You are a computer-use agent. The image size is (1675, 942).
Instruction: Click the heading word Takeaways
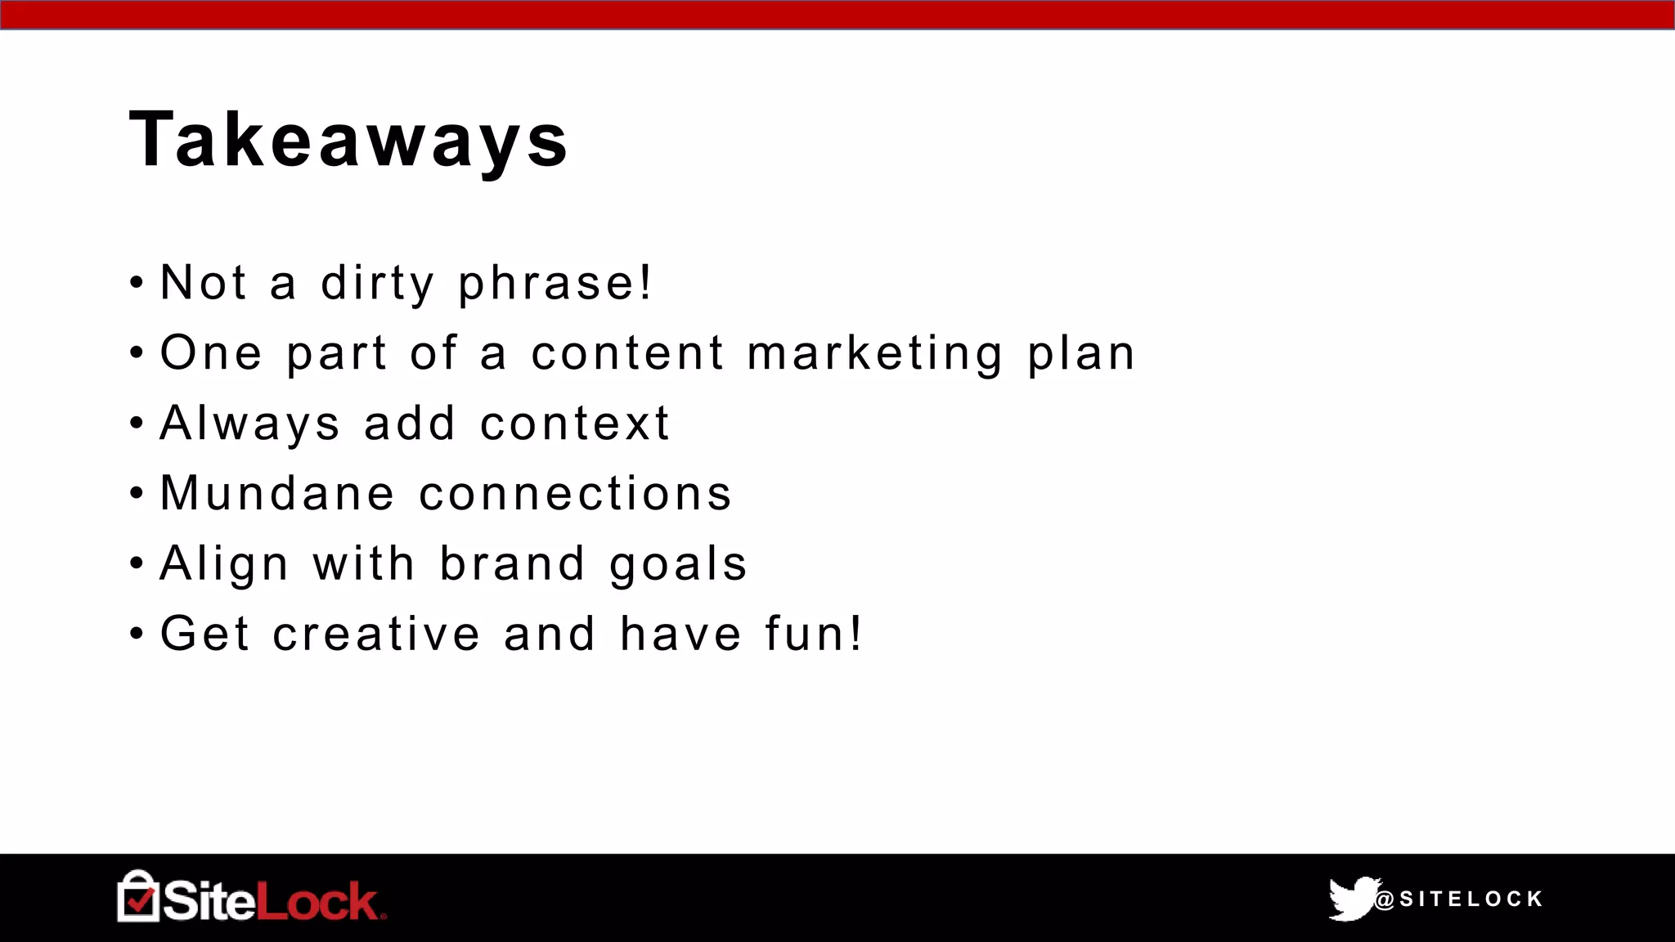click(348, 141)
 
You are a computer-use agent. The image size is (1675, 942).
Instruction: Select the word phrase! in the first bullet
click(555, 283)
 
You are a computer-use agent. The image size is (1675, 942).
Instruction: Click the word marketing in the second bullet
click(874, 353)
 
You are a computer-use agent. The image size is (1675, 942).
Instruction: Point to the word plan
click(1081, 353)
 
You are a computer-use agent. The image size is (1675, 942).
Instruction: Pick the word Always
click(249, 424)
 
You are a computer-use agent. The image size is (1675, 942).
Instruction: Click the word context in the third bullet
click(575, 424)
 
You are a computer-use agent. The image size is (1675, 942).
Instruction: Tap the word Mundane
click(277, 493)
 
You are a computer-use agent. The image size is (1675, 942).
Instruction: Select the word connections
click(575, 493)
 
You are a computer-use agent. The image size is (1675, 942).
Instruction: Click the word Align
click(224, 563)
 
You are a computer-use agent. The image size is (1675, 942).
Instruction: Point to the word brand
click(513, 563)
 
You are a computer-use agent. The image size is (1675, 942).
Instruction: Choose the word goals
click(678, 563)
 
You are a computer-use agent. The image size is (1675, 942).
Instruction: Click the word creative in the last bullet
click(376, 634)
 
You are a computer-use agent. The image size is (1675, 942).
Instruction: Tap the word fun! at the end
click(813, 634)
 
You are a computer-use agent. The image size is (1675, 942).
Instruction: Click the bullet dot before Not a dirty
click(137, 284)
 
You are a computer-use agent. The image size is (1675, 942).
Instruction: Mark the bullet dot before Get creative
click(137, 635)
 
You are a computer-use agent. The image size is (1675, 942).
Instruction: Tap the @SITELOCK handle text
click(1459, 899)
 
